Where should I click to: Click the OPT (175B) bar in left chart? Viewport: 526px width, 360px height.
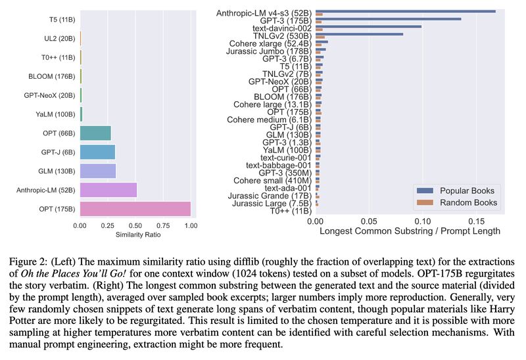pos(135,209)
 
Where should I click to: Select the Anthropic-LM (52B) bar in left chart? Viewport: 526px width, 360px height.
pos(108,190)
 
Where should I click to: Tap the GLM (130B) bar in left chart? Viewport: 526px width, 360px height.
pos(98,171)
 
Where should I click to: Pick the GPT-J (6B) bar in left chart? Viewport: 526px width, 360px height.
pos(97,152)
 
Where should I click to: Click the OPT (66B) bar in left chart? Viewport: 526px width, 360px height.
pos(95,133)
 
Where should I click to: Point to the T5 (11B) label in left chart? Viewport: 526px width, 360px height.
pos(59,20)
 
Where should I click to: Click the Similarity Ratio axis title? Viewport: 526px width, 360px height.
pos(135,235)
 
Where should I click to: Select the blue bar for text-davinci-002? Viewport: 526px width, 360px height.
pos(368,27)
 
